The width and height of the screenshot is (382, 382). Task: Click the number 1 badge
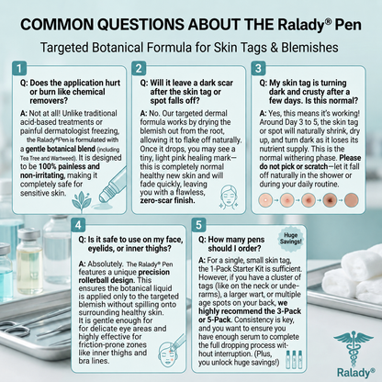coord(19,68)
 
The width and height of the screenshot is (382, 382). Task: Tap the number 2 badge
coord(139,68)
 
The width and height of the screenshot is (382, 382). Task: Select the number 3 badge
coord(258,68)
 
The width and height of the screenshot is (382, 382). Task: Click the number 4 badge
coord(78,225)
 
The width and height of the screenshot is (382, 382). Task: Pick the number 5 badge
coord(198,225)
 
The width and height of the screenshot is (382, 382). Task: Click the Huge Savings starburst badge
coord(290,239)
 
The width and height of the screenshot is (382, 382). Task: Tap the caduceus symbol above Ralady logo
coord(354,348)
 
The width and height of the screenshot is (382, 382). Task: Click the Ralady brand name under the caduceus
coord(355,373)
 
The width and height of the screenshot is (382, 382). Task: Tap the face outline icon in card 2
coord(229,197)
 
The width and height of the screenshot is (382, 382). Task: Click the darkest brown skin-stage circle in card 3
coord(330,200)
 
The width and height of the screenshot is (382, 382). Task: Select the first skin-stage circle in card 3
coord(265,200)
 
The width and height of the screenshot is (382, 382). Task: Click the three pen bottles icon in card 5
coord(294,359)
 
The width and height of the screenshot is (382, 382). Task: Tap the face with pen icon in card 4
coord(172,351)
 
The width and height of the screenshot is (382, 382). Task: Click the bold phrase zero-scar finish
coord(167,200)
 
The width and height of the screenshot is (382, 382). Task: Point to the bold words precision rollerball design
coord(124,276)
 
